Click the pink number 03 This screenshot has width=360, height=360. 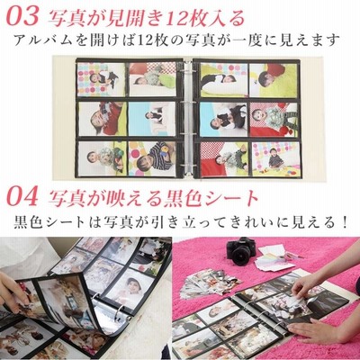click(22, 17)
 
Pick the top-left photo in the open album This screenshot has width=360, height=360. click(102, 79)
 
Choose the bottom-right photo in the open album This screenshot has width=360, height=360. click(274, 158)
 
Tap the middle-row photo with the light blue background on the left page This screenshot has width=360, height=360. click(152, 119)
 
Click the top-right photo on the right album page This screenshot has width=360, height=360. click(274, 80)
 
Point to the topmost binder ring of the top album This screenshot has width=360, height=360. click(188, 67)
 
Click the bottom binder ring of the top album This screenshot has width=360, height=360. click(188, 169)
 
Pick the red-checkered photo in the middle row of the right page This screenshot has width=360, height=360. click(274, 120)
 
